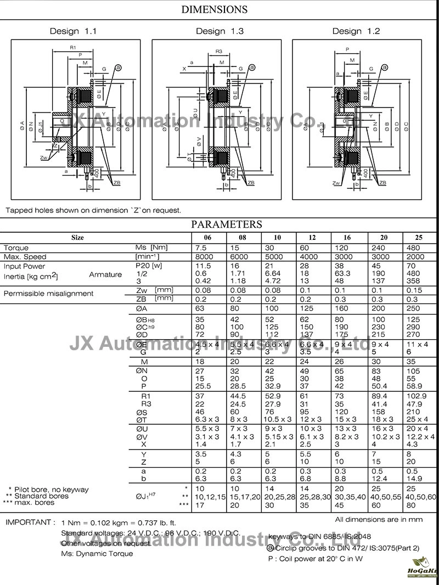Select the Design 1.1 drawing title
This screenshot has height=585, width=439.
tap(73, 31)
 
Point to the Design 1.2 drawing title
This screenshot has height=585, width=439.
tap(356, 31)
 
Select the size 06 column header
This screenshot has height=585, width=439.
tap(207, 238)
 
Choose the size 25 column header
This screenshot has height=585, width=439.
tap(419, 238)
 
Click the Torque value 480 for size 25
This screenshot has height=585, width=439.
tap(414, 248)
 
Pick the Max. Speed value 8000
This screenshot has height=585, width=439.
tap(205, 257)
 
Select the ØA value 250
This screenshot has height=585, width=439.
tap(414, 308)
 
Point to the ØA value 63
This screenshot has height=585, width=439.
tap(200, 308)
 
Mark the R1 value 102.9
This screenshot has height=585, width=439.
tap(417, 396)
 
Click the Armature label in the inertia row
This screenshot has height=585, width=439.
tap(105, 274)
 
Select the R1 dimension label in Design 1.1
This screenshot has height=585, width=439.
tap(73, 48)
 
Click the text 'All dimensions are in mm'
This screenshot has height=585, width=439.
tap(379, 519)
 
